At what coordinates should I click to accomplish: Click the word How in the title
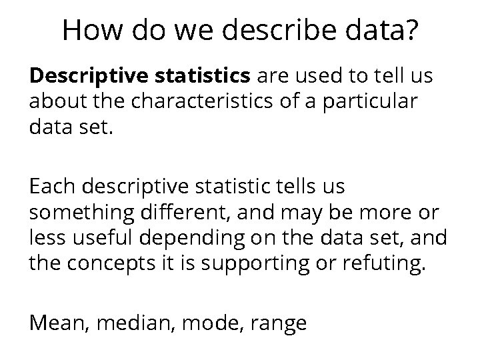[x=91, y=31]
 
